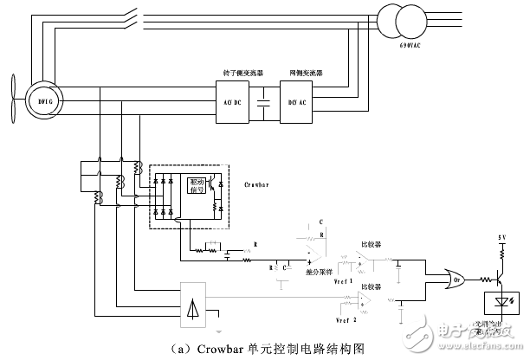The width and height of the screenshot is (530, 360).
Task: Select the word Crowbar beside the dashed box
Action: coord(255,183)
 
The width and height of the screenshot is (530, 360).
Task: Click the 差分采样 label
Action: coord(320,270)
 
